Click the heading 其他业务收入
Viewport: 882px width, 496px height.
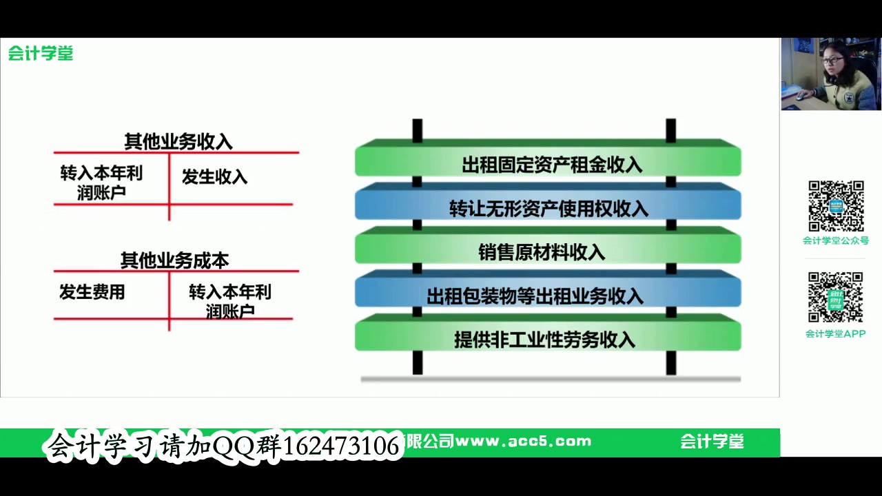[178, 142]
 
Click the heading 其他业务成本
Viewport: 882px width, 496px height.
[174, 260]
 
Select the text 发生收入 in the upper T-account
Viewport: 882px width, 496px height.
[214, 177]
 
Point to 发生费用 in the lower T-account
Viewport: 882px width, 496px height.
[92, 292]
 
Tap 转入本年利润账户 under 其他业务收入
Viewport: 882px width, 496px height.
[101, 183]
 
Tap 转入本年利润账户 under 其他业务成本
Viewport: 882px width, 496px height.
[230, 301]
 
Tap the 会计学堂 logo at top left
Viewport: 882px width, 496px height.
[41, 54]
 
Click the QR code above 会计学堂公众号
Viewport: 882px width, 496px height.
[836, 206]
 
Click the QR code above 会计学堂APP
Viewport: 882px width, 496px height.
[835, 298]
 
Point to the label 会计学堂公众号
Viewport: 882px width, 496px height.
[835, 240]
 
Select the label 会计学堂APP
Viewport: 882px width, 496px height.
[835, 334]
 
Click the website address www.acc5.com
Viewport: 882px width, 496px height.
[523, 442]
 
